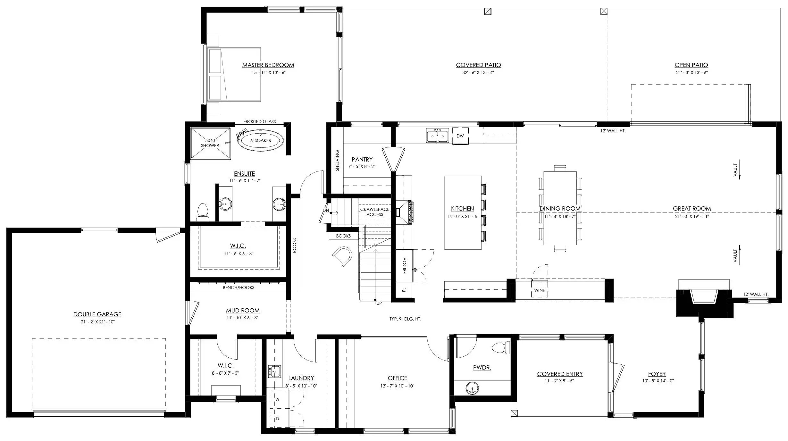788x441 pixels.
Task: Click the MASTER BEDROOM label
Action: click(x=268, y=65)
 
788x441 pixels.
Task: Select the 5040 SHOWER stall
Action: click(x=210, y=143)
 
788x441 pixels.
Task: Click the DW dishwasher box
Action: click(x=460, y=136)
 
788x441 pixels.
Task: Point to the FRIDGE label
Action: click(x=405, y=266)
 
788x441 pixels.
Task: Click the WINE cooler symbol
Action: click(x=540, y=290)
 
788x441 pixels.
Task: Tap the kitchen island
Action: click(x=463, y=212)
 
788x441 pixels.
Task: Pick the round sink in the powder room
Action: click(x=472, y=388)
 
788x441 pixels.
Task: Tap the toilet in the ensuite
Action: click(x=203, y=212)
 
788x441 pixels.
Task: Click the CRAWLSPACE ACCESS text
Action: click(x=375, y=212)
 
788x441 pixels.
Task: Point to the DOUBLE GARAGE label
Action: click(x=97, y=314)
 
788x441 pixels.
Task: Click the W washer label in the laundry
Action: click(x=277, y=399)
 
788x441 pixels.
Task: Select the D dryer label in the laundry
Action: click(x=277, y=419)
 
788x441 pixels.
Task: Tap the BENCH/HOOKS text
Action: click(x=239, y=288)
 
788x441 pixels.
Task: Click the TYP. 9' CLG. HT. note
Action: click(x=405, y=319)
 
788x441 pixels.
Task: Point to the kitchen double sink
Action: click(x=437, y=136)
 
